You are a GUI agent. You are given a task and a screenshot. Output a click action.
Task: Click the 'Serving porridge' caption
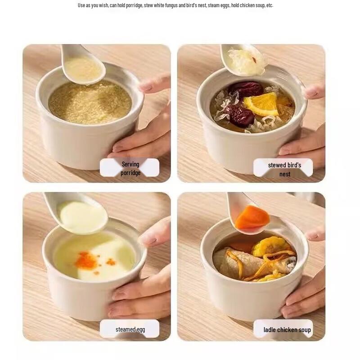click(130, 168)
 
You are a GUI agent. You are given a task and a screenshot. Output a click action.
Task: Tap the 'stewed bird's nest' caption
click(284, 170)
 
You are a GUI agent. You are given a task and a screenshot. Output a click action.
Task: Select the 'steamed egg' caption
click(130, 329)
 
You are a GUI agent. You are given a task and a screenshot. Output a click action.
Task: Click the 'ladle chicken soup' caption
click(287, 330)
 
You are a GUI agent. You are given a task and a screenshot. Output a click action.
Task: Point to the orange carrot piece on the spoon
click(252, 217)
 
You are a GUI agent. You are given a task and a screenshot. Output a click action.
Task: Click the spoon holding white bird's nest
click(243, 60)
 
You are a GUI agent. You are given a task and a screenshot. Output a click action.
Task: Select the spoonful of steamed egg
click(83, 216)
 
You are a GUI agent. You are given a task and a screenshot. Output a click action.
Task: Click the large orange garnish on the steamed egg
click(86, 261)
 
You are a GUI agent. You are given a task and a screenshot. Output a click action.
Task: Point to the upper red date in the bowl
click(246, 89)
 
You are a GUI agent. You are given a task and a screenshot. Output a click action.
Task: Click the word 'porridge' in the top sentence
click(134, 5)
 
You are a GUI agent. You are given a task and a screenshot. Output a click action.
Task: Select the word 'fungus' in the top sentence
click(171, 5)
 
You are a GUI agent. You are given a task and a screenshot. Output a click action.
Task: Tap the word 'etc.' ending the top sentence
click(270, 5)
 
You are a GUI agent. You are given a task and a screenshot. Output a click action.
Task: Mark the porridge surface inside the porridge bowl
click(90, 103)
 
